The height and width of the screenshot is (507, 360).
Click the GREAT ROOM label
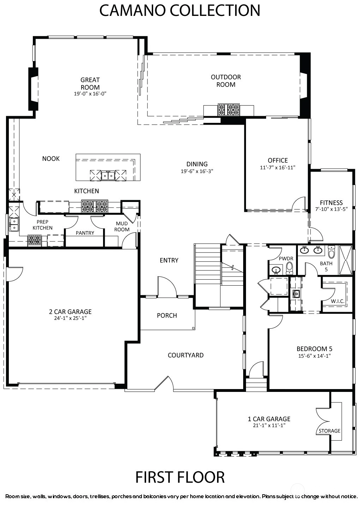pyautogui.click(x=90, y=84)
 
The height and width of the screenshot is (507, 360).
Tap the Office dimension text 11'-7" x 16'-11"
pyautogui.click(x=278, y=167)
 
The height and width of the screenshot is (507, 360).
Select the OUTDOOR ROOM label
pyautogui.click(x=226, y=81)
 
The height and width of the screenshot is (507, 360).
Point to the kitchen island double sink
pyautogui.click(x=108, y=175)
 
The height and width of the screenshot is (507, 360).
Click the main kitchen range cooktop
pyautogui.click(x=95, y=206)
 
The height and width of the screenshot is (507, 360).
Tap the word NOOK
pyautogui.click(x=51, y=159)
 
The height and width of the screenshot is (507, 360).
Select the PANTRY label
pyautogui.click(x=85, y=233)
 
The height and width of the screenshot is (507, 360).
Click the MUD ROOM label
pyautogui.click(x=122, y=226)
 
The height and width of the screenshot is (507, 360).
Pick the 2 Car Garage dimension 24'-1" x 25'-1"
pyautogui.click(x=70, y=318)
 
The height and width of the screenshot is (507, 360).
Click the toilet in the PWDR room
pyautogui.click(x=290, y=268)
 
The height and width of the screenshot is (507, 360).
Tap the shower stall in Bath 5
pyautogui.click(x=346, y=261)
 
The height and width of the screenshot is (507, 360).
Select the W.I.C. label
pyautogui.click(x=338, y=301)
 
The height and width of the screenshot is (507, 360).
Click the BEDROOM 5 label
pyautogui.click(x=314, y=348)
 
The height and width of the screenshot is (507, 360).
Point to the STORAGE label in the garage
pyautogui.click(x=329, y=431)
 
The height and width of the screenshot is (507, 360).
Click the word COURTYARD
pyautogui.click(x=186, y=355)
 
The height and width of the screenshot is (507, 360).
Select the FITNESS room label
pyautogui.click(x=331, y=203)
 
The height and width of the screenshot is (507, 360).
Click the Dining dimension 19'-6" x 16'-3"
pyautogui.click(x=197, y=171)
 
